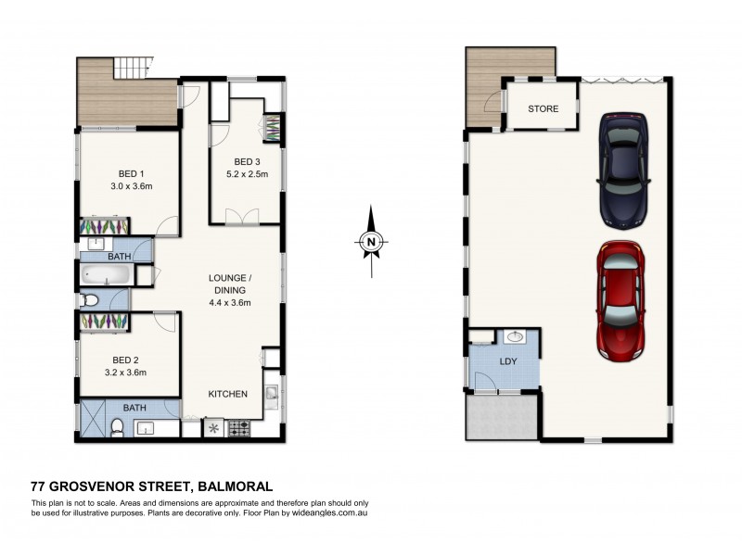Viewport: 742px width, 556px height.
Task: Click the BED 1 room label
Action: pyautogui.click(x=131, y=173)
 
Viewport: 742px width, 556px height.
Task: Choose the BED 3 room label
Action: pyautogui.click(x=247, y=158)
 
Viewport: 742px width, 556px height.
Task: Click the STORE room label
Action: pyautogui.click(x=543, y=109)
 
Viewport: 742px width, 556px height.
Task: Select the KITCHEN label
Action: pyautogui.click(x=227, y=394)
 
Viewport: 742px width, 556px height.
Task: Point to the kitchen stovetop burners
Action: pyautogui.click(x=238, y=429)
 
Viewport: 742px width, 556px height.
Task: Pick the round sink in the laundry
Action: pyautogui.click(x=514, y=337)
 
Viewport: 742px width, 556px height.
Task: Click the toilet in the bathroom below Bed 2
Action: pyautogui.click(x=116, y=426)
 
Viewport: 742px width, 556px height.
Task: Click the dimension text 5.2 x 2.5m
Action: pyautogui.click(x=247, y=172)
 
